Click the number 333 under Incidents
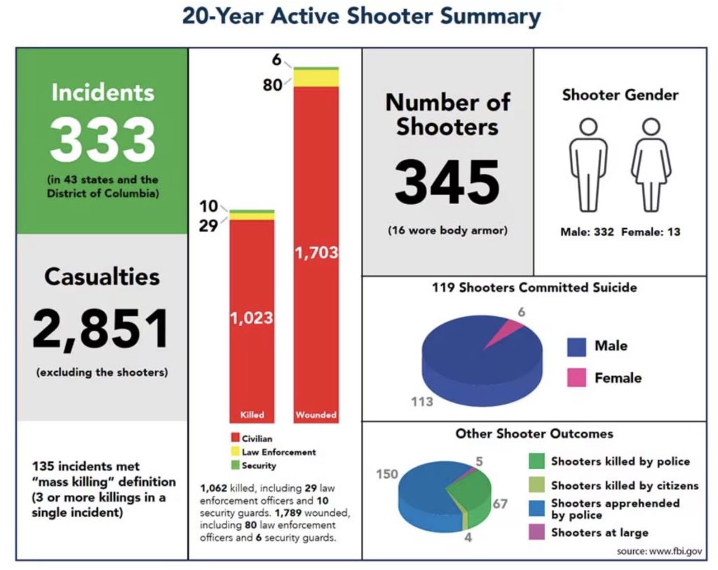(x=102, y=140)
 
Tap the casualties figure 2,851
(x=102, y=330)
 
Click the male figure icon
(x=588, y=165)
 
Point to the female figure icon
(x=651, y=165)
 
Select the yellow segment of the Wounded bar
(x=316, y=78)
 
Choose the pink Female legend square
(x=576, y=378)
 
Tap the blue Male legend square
(x=576, y=346)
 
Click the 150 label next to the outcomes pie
(x=387, y=474)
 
